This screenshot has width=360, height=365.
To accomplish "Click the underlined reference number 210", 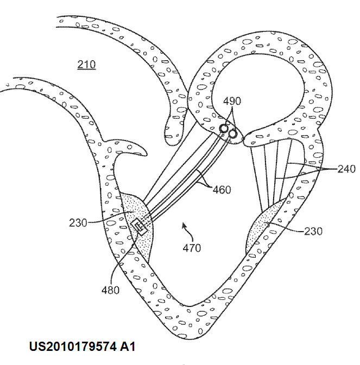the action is [86, 65].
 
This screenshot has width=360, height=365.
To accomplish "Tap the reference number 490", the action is [232, 101].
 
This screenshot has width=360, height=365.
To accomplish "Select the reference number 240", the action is [346, 169].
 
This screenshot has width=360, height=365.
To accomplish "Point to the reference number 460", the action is [222, 190].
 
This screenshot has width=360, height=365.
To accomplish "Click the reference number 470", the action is [192, 248].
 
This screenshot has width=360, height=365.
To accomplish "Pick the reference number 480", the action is [110, 290].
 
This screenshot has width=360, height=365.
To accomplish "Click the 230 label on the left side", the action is [78, 223].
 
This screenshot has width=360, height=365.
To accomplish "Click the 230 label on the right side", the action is [313, 231].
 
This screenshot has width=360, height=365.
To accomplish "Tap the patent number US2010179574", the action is [73, 347].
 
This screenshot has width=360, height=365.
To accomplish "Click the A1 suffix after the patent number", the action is [128, 347].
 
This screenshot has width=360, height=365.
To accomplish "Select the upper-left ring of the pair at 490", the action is [224, 128].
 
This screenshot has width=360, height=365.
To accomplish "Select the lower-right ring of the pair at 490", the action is [232, 133].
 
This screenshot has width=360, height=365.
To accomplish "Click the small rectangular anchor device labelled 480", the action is [140, 227].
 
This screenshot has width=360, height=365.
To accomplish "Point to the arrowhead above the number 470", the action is [184, 225].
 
